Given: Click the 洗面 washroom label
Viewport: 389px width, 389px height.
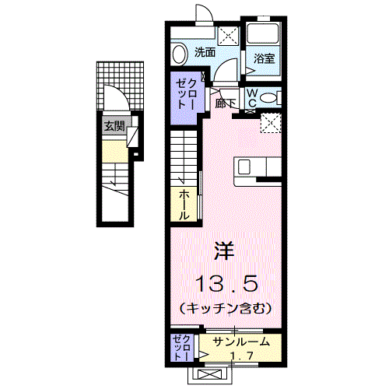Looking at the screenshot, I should (205, 53).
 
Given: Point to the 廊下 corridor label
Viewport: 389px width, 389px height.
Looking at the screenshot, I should (226, 102).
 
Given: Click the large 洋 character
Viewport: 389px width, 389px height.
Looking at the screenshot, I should (225, 251).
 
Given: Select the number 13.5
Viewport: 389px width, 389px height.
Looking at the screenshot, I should (226, 281).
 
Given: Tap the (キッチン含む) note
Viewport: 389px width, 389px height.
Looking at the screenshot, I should (226, 308).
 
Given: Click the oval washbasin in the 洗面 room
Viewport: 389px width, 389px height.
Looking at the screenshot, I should (180, 54).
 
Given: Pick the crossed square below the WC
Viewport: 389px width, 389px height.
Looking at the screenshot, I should (271, 122).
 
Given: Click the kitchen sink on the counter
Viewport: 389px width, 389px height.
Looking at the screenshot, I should (244, 166).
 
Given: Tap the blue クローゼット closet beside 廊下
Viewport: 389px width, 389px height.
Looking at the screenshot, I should (187, 93).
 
